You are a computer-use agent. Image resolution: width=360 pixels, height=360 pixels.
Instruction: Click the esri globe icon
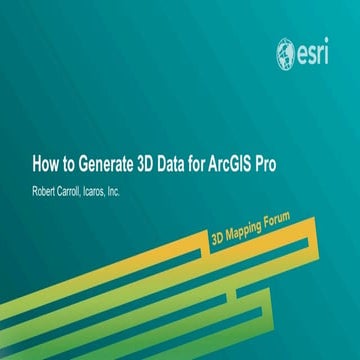[x=287, y=51]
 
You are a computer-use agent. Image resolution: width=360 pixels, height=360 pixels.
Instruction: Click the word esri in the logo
[x=317, y=52]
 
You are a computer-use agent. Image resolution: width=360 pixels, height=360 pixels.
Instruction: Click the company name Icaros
[x=107, y=187]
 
